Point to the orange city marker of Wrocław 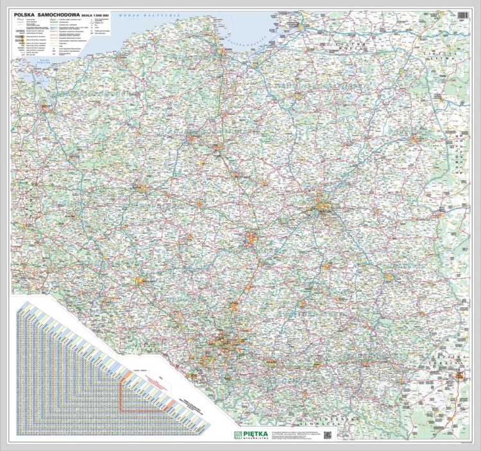(x=139, y=280)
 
